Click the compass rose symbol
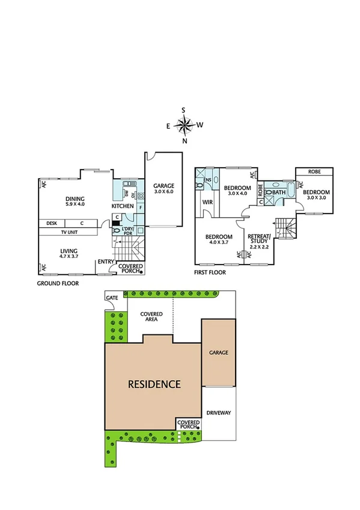pyautogui.click(x=185, y=125)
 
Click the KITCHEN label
pyautogui.click(x=123, y=206)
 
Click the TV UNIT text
pyautogui.click(x=72, y=232)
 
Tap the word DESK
pyautogui.click(x=51, y=223)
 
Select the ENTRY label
pyautogui.click(x=106, y=261)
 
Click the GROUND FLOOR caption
pyautogui.click(x=58, y=281)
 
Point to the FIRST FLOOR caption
pyautogui.click(x=210, y=272)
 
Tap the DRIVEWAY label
pyautogui.click(x=218, y=414)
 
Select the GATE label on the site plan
pyautogui.click(x=112, y=298)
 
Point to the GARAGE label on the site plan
pyautogui.click(x=218, y=352)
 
